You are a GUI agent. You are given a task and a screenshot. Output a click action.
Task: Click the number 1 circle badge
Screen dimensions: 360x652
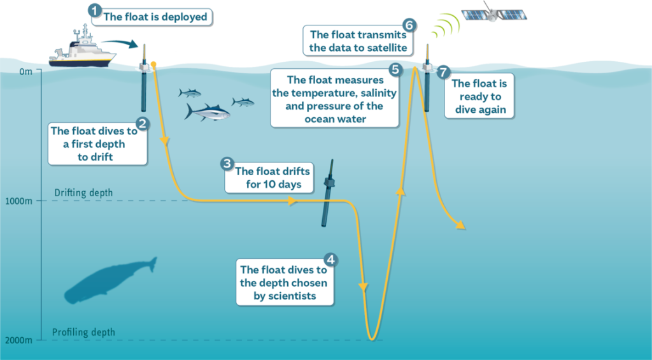pyautogui.click(x=94, y=10)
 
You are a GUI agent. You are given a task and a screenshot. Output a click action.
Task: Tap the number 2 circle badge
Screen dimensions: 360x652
pyautogui.click(x=143, y=124)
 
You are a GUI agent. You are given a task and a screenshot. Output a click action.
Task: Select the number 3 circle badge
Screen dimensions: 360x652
pyautogui.click(x=227, y=164)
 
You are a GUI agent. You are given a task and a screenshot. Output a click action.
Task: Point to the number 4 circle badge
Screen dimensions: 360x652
pyautogui.click(x=330, y=259)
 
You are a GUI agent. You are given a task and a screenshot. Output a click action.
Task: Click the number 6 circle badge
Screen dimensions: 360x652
pyautogui.click(x=409, y=25)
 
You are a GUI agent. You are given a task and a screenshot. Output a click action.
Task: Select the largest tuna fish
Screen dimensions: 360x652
pyautogui.click(x=208, y=113)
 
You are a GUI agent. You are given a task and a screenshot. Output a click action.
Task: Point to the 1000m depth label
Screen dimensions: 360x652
pyautogui.click(x=18, y=201)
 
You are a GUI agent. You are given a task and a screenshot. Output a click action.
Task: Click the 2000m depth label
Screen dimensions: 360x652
pyautogui.click(x=18, y=341)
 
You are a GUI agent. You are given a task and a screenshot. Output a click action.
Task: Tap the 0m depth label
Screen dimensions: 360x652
pyautogui.click(x=25, y=71)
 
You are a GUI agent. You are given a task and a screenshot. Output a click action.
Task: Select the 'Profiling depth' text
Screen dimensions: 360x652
pyautogui.click(x=83, y=332)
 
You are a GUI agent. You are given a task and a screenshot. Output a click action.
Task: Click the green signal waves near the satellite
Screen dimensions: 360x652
pyautogui.click(x=446, y=27)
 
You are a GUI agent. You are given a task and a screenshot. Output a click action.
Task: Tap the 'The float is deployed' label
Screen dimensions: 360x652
pyautogui.click(x=155, y=17)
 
